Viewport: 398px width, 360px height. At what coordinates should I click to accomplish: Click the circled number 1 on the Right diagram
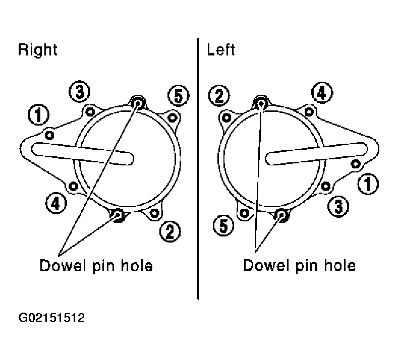point(38,114)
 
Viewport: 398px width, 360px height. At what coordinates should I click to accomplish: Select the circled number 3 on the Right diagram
point(80,92)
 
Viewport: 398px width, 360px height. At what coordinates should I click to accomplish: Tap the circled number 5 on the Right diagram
point(179,96)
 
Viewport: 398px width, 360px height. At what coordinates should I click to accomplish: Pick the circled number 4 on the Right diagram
point(56,203)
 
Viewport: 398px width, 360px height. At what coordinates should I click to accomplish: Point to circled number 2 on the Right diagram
point(170,231)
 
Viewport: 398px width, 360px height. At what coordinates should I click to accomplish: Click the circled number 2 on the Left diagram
point(219,96)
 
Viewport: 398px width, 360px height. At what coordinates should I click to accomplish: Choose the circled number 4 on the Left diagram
point(322,93)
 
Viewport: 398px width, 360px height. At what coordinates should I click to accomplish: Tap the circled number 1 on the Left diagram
point(368,184)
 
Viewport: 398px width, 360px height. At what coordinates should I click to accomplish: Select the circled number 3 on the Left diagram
point(338,206)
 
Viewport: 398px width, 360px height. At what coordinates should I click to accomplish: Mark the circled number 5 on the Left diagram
point(223,225)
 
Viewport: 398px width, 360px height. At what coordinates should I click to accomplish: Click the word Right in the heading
point(37,50)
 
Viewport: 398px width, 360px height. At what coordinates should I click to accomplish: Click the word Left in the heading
point(221,49)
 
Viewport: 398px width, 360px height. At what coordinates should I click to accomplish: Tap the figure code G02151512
point(51,318)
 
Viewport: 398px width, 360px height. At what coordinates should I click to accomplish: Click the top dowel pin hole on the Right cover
point(138,103)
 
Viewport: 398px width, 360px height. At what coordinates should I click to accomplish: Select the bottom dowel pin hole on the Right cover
point(118,215)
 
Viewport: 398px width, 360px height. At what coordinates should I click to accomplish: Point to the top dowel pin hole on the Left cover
point(261,103)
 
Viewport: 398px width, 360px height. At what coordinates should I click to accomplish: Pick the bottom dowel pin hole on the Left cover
point(281,215)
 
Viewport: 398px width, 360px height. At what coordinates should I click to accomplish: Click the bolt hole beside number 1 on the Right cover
point(49,135)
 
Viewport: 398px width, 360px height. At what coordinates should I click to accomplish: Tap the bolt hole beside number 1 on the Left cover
point(355,164)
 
